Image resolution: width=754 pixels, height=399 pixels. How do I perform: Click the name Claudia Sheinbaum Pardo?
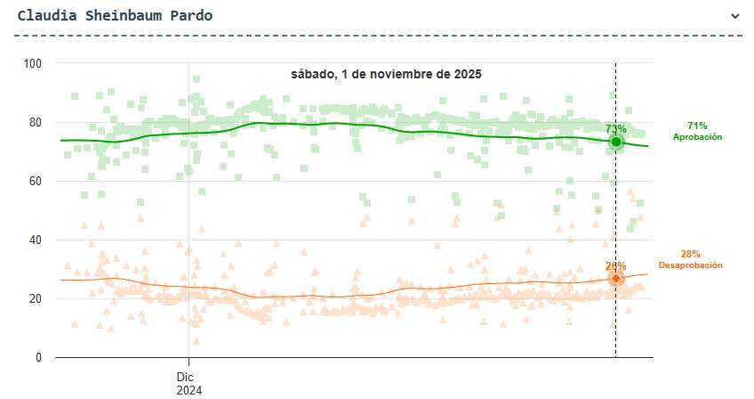coord(115,16)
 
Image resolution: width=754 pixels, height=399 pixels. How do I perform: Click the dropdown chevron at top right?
coord(734,16)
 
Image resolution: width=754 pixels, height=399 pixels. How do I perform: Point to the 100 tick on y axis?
coord(33,63)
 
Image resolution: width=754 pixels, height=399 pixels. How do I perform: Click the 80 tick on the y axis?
coord(36,122)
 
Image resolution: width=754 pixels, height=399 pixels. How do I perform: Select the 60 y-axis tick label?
coord(36,181)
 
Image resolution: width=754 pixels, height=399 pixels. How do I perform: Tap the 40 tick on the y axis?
coord(36,240)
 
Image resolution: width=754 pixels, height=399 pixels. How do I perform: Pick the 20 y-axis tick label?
coord(36,298)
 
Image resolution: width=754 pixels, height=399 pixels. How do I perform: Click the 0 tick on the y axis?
coord(38,357)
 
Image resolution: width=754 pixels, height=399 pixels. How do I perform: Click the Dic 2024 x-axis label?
coord(189,383)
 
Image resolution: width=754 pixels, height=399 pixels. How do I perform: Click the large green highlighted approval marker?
coord(615,142)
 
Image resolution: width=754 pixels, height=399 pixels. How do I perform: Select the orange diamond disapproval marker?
coord(615,279)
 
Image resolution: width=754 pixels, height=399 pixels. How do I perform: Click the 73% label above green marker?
coord(615,129)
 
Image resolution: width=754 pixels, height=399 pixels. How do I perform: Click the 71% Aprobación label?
coord(697,131)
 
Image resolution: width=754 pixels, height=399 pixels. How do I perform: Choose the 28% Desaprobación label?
coord(690,259)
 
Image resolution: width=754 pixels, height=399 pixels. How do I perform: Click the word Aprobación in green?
coord(697,137)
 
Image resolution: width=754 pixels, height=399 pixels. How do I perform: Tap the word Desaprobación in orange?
coord(690,265)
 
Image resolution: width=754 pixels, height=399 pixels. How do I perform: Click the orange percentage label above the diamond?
coord(615,265)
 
